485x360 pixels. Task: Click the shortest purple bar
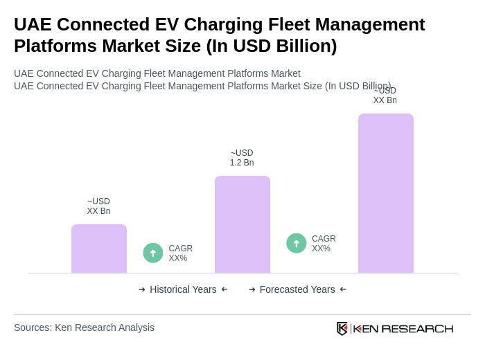99,249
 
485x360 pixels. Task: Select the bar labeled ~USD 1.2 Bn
242,224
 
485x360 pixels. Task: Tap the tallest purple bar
386,193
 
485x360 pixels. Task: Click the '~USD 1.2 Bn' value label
242,158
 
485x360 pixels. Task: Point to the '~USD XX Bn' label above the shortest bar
98,206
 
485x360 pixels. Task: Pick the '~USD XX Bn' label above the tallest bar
385,96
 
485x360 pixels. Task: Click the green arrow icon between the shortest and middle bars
153,253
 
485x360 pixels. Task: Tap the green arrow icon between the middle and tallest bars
297,244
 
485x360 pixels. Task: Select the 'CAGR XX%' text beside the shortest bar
181,253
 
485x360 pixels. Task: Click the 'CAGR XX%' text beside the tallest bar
324,244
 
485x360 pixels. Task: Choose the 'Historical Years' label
183,289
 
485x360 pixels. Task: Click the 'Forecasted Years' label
297,289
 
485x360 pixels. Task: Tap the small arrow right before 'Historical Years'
142,289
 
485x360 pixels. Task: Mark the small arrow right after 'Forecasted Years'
343,289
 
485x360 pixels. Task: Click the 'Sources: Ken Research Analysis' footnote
84,327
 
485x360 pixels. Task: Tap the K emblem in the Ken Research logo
342,328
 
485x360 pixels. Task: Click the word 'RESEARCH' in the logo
417,328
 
